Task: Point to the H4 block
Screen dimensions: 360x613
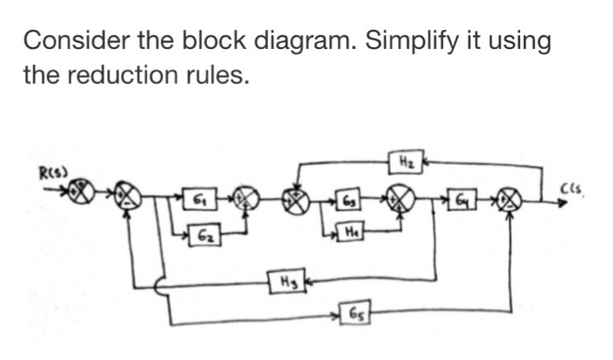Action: click(x=352, y=232)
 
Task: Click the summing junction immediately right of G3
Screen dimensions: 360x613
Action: click(x=402, y=197)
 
